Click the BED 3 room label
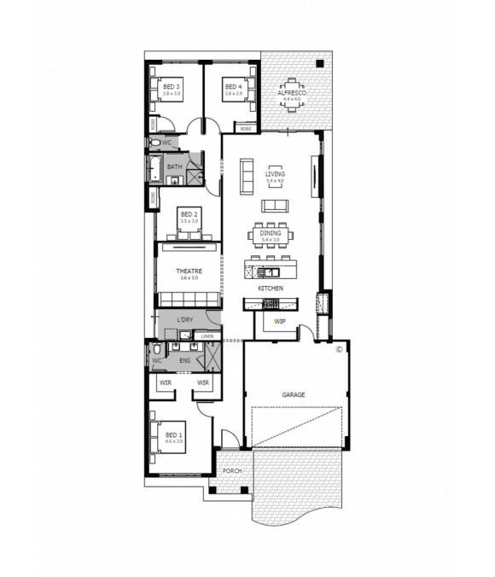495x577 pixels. click(172, 87)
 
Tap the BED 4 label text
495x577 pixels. click(233, 87)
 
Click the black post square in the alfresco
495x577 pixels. click(318, 63)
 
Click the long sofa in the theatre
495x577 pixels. click(188, 299)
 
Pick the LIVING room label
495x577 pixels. click(274, 173)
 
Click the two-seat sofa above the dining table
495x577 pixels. click(274, 206)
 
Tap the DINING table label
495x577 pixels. click(271, 233)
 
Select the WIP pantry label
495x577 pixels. click(279, 321)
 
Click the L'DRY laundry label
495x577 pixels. click(185, 320)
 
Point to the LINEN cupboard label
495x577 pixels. click(207, 336)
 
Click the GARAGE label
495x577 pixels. click(294, 394)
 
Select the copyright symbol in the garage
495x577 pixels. click(339, 348)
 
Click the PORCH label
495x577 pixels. click(230, 471)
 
